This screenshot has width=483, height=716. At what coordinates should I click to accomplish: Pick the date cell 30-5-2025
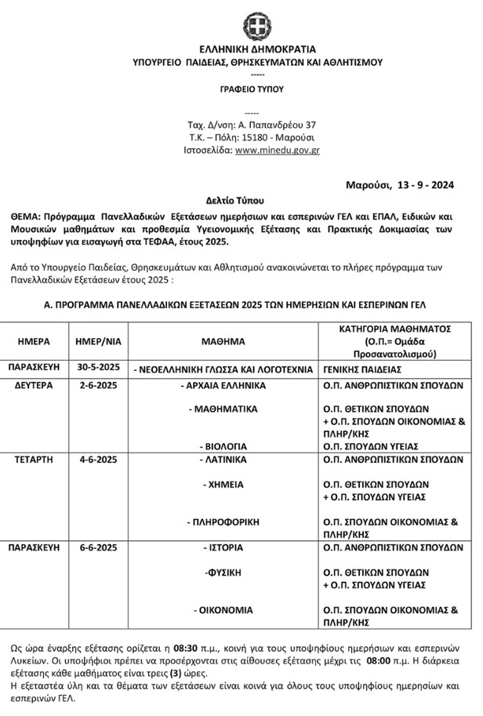point(99,367)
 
